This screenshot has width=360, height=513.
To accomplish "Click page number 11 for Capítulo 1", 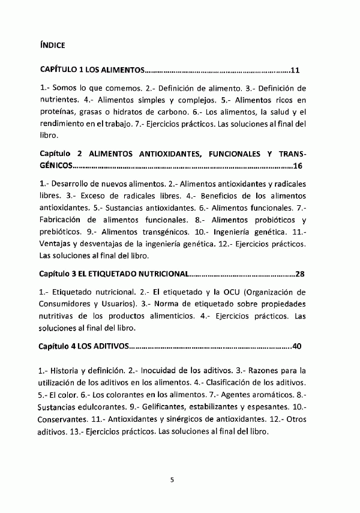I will tap(294, 70).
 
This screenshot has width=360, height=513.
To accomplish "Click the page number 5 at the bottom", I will tap(172, 479).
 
